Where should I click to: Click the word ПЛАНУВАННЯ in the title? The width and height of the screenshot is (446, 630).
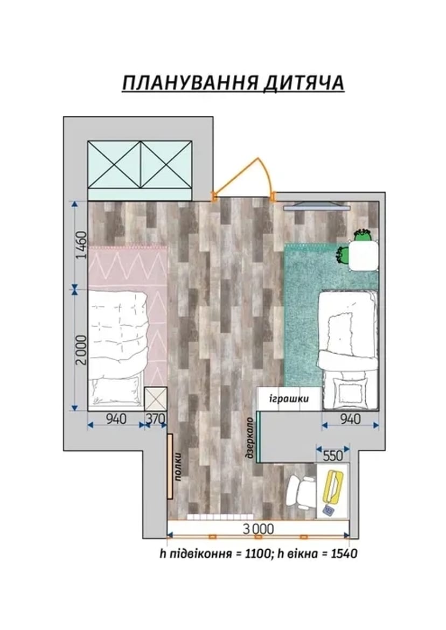point(190,83)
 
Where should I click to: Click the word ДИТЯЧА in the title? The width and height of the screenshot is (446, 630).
point(304,83)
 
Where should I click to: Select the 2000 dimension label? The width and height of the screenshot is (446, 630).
point(81,349)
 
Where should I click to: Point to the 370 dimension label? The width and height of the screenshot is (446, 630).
point(155,419)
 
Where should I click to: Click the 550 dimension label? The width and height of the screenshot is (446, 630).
point(333,455)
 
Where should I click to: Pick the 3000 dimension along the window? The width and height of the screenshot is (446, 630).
point(258,529)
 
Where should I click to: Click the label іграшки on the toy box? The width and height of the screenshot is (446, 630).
point(289,398)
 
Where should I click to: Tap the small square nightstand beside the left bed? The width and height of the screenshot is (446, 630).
point(156,398)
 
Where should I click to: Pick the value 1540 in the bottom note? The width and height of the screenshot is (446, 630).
point(344,554)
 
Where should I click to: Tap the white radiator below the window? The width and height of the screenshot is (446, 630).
point(221,517)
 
